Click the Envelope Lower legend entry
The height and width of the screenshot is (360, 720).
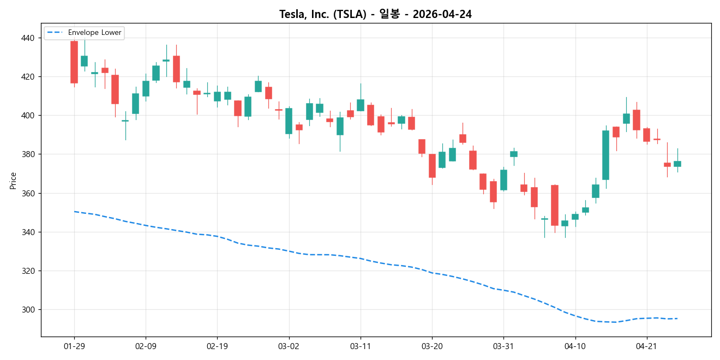(x=91, y=33)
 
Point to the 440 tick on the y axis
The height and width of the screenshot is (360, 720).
(x=28, y=38)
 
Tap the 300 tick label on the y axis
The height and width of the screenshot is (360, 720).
(x=28, y=310)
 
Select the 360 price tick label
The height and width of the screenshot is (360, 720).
(x=28, y=194)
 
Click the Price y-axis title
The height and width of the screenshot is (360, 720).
(x=13, y=181)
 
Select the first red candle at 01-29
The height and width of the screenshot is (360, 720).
(x=74, y=62)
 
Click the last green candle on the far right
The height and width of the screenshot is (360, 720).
(x=677, y=164)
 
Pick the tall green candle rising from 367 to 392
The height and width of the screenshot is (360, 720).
(x=605, y=155)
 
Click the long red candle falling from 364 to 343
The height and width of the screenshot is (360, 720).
(x=554, y=205)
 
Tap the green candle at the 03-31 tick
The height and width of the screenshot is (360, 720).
(x=503, y=180)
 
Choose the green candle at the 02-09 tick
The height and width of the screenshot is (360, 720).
(x=146, y=88)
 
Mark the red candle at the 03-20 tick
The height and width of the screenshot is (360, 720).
(x=432, y=166)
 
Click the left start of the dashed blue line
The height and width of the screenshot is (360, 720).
(x=74, y=212)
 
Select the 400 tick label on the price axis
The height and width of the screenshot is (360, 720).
(x=28, y=116)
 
